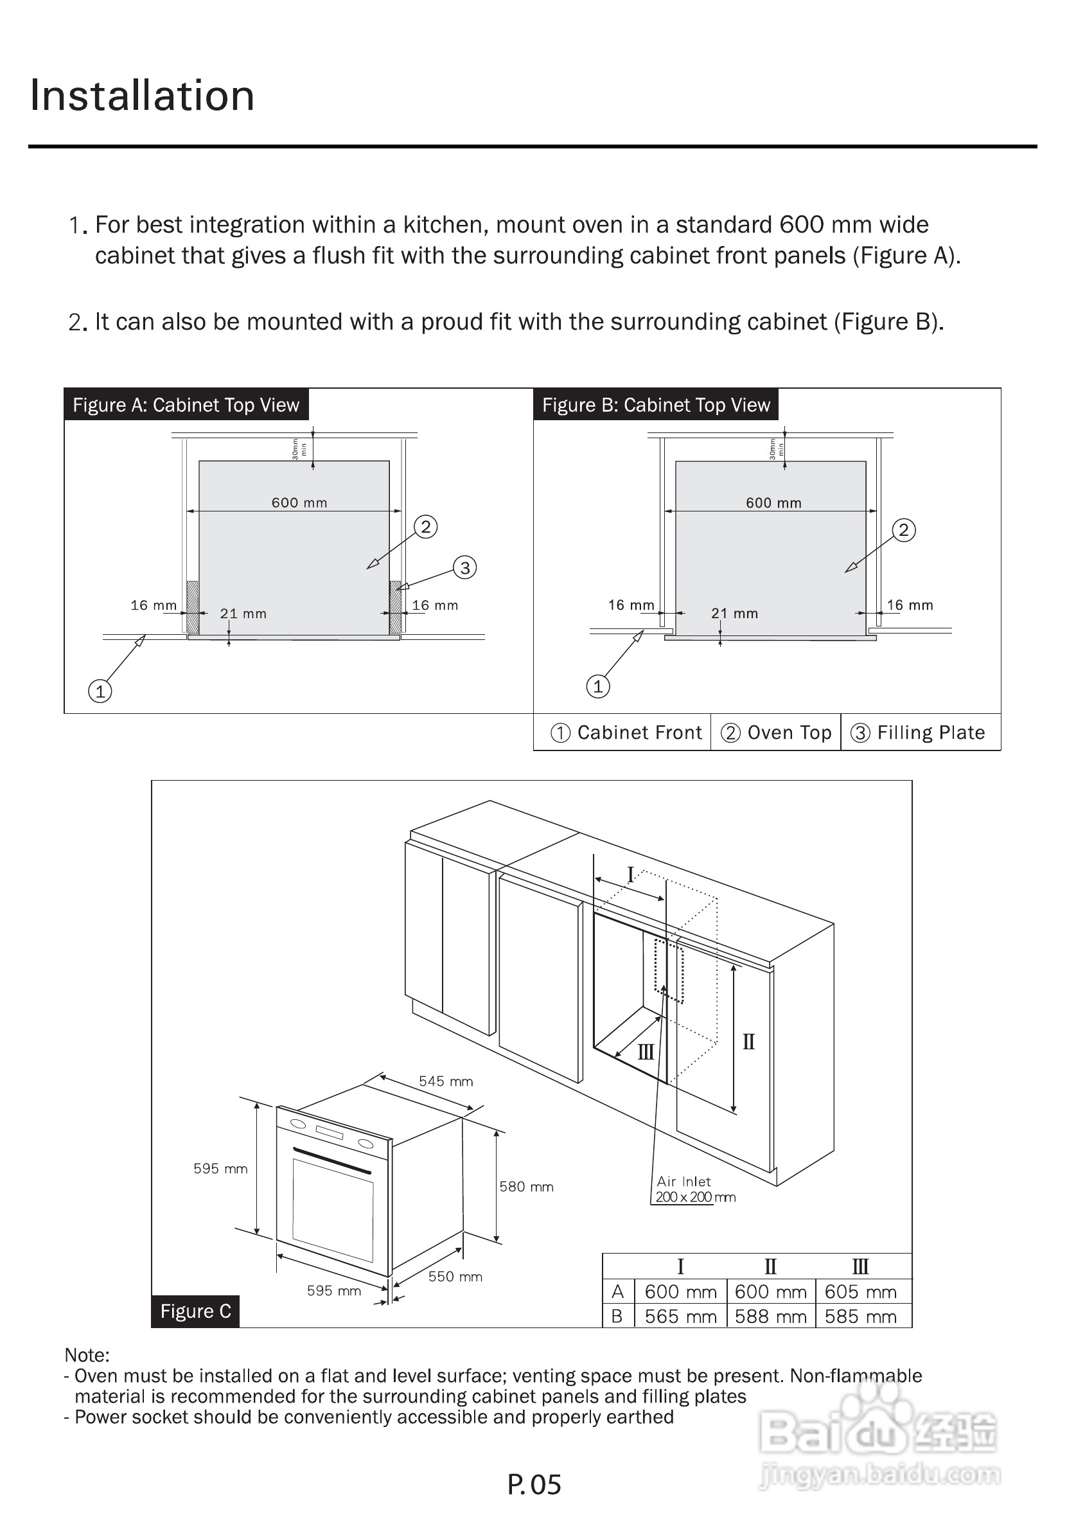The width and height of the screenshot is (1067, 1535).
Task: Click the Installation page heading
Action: (x=143, y=96)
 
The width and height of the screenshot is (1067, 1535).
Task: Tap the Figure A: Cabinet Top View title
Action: (x=186, y=405)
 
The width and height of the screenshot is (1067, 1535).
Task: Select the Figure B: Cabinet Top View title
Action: (x=656, y=405)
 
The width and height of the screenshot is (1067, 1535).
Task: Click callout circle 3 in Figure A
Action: (x=464, y=567)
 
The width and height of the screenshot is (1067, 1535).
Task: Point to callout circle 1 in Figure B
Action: (x=597, y=686)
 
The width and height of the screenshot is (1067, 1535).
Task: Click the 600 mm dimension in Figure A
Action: (x=299, y=502)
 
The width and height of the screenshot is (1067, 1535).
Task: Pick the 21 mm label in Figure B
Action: (x=734, y=613)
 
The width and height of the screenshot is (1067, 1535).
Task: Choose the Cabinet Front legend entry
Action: (x=627, y=732)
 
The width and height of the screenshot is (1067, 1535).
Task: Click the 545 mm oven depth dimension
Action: (x=445, y=1081)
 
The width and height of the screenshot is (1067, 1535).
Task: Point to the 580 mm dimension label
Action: (x=526, y=1187)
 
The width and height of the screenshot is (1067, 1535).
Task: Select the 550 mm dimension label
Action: (x=455, y=1276)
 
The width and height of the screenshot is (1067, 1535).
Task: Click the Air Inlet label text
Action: (x=683, y=1182)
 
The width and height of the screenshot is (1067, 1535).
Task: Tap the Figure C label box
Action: (x=195, y=1311)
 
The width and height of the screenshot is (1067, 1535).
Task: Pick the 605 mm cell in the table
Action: (x=860, y=1291)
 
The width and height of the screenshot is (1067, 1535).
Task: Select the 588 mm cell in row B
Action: (x=770, y=1317)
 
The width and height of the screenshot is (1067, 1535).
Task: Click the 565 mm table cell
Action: (x=680, y=1317)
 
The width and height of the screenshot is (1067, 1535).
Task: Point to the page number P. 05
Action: (x=534, y=1484)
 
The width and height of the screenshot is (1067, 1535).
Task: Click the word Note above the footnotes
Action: (x=87, y=1354)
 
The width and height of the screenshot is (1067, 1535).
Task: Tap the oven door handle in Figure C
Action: (x=331, y=1160)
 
